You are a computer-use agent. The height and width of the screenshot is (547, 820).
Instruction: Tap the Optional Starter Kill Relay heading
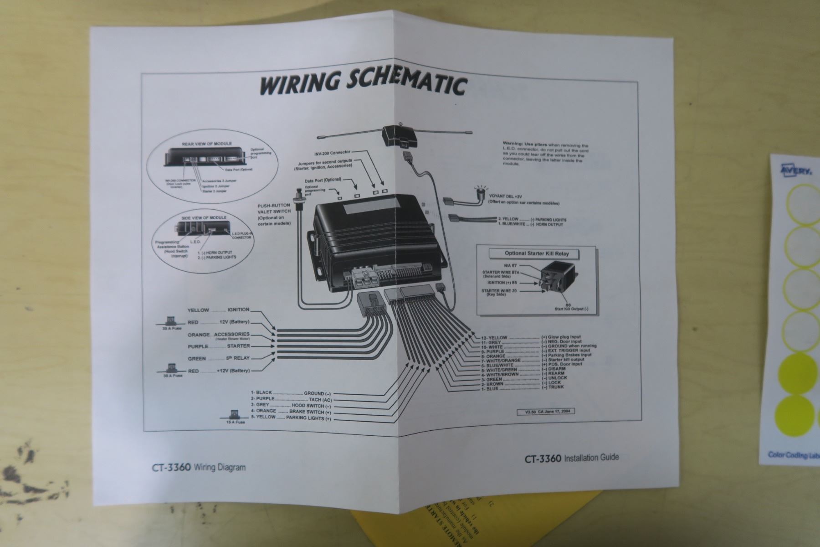(x=536, y=253)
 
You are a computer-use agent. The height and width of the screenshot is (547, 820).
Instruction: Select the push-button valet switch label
(x=274, y=215)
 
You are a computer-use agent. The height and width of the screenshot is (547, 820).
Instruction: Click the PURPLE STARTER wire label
(x=219, y=346)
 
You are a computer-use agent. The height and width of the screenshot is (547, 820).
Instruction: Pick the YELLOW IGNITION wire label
(x=218, y=310)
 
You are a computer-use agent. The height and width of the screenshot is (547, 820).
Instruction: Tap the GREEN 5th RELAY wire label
(x=219, y=359)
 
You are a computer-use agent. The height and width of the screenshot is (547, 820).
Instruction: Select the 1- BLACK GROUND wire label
(x=291, y=393)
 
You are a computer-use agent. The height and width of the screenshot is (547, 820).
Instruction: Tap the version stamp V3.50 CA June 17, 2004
(x=546, y=412)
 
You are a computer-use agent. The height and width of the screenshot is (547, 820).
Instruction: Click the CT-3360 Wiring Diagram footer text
(x=199, y=467)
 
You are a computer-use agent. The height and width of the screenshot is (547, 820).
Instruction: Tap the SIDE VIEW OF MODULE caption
(x=204, y=217)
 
